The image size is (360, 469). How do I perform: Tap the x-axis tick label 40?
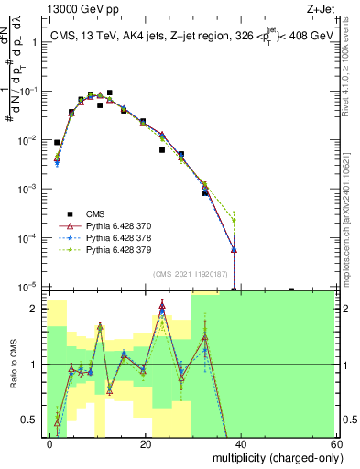[x=240, y=443]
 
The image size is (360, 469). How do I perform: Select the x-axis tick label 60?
[x=334, y=443]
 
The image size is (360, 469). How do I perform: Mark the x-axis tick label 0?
[x=50, y=443]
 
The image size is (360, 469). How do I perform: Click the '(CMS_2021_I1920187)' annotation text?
[x=191, y=273]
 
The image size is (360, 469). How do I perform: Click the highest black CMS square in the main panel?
[x=109, y=93]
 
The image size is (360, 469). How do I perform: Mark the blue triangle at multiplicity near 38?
[x=235, y=249]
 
